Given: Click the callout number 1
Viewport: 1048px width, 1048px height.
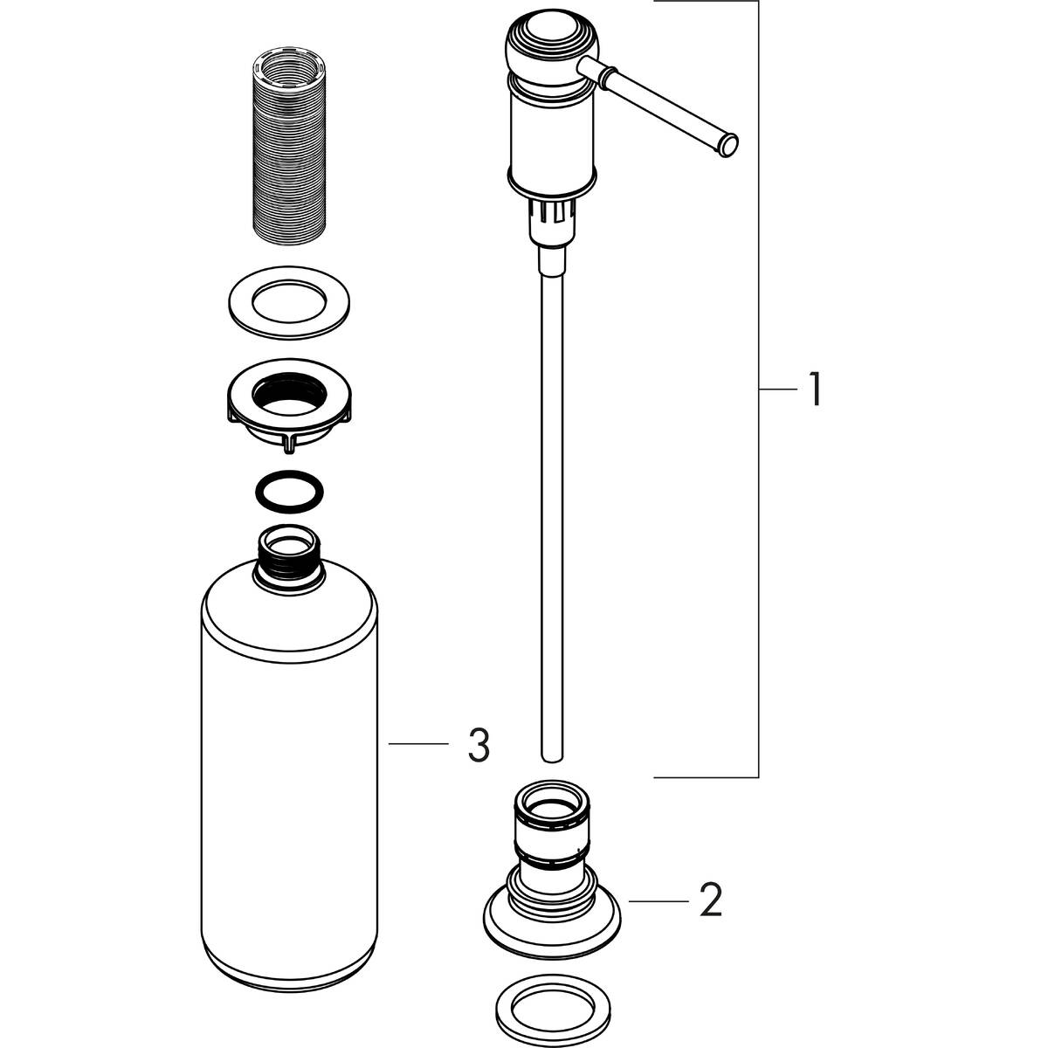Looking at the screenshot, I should tap(812, 390).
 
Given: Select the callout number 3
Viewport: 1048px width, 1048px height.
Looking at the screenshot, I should tap(478, 745).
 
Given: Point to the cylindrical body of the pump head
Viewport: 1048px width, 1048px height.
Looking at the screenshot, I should tap(551, 135).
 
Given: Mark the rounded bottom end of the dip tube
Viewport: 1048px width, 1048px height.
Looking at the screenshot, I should tap(552, 753).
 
